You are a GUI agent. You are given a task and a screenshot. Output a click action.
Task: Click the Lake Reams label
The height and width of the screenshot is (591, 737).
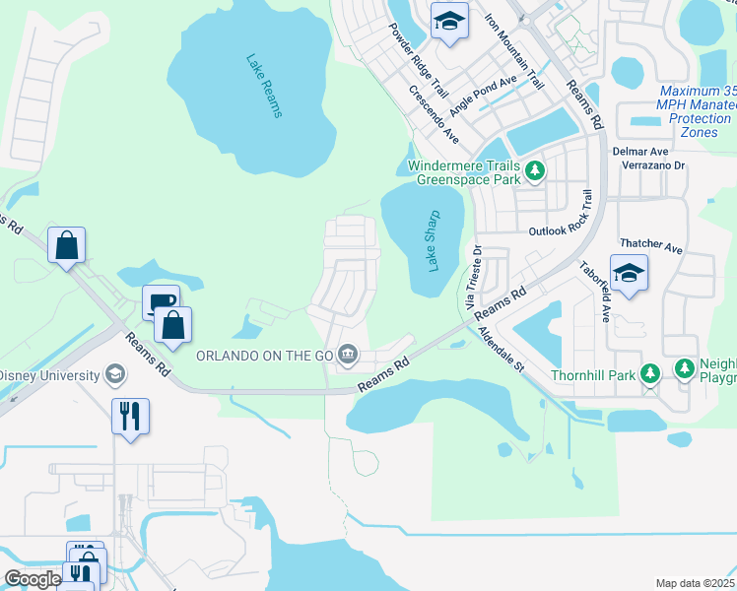(x=264, y=86)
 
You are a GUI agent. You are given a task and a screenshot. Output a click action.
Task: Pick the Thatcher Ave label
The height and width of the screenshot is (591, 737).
(x=650, y=246)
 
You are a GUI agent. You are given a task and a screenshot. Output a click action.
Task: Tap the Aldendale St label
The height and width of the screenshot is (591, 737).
(x=502, y=351)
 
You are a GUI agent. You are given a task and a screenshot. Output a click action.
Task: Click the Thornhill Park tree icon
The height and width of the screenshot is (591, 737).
(x=649, y=373)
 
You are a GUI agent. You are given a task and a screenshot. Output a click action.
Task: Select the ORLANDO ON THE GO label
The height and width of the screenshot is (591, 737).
(x=264, y=355)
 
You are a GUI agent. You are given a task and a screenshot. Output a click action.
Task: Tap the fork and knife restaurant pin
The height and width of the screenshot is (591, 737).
(x=130, y=416)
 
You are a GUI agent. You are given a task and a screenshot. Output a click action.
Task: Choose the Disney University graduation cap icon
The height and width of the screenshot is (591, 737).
(x=115, y=375)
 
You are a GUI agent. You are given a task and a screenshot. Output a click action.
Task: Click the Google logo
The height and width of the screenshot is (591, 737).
(x=33, y=580)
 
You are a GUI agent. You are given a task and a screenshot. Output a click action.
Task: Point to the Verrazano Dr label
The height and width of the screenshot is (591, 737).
(x=652, y=165)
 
